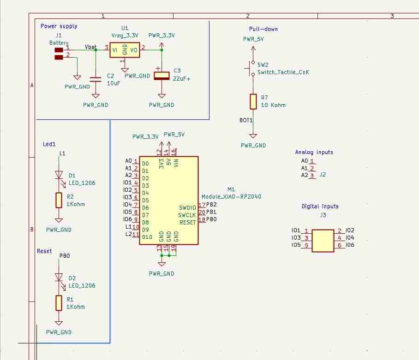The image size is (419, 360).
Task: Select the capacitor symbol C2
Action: point(96,79)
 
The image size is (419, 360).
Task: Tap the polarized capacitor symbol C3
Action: point(162,76)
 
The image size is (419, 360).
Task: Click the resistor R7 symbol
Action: point(253,101)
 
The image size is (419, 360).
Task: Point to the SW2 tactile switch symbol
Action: point(252,68)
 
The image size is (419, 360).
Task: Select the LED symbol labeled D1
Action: point(59,175)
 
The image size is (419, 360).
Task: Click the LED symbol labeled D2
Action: point(59,277)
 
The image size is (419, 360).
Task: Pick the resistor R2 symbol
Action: point(59,200)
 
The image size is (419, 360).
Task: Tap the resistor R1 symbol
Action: point(59,303)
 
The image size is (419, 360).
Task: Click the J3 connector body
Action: point(323,241)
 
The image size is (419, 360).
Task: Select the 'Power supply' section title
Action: point(59,26)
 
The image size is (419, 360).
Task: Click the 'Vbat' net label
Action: point(91,47)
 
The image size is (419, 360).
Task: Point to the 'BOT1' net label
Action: point(246,120)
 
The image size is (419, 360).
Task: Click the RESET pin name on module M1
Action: point(187,223)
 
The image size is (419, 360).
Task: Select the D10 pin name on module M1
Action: point(147,237)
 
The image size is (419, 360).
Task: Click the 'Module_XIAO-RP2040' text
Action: point(231,196)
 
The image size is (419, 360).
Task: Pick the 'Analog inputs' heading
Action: point(314,152)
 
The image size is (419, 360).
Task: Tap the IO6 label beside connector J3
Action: point(349,245)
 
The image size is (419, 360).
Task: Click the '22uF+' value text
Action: point(181,79)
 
